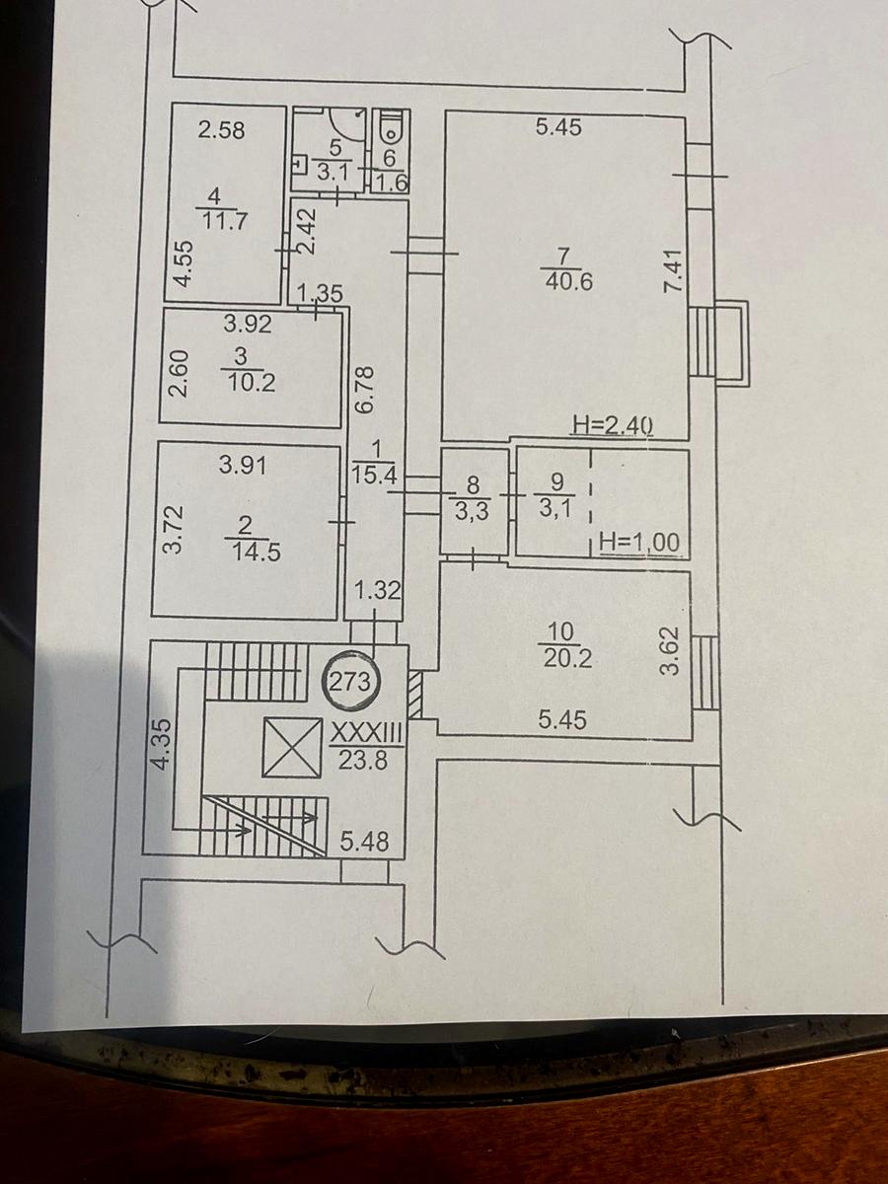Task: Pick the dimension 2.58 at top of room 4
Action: (x=221, y=129)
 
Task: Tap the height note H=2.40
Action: (x=614, y=426)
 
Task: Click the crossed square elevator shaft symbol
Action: (x=293, y=748)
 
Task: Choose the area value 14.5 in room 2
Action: (x=253, y=553)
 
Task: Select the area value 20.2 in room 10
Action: (x=567, y=659)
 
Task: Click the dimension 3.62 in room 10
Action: (x=671, y=651)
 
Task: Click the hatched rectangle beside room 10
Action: (x=415, y=697)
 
